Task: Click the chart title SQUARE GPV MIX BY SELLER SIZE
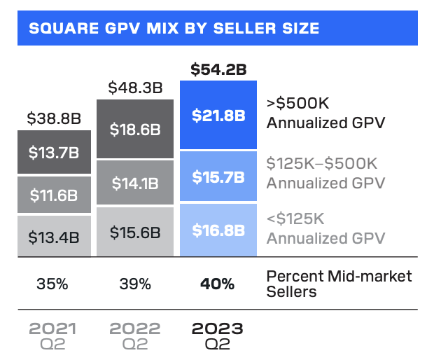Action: tap(173, 29)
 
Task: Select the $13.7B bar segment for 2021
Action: tap(54, 152)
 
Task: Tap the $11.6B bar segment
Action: tap(54, 195)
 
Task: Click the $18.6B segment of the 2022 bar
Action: tap(136, 130)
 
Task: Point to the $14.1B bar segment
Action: tap(136, 183)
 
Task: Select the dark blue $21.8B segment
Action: tap(218, 116)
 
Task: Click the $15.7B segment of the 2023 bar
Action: tap(218, 177)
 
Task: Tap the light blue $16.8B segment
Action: tap(218, 230)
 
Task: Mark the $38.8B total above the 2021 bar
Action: tap(54, 118)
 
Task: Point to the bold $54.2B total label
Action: tap(218, 69)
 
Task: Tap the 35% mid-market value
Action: tap(54, 284)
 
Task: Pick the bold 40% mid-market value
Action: tap(218, 284)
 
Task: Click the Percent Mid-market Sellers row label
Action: tap(339, 284)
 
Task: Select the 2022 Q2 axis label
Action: tap(136, 334)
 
